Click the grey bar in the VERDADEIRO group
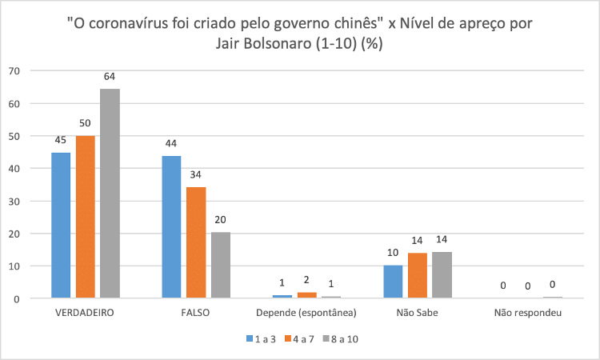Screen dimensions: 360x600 [109, 194]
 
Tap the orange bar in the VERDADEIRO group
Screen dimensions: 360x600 [85, 217]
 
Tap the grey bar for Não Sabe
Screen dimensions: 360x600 [442, 275]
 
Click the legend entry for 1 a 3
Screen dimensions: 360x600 [261, 339]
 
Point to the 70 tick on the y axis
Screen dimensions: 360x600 [14, 70]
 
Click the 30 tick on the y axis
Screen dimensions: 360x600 [14, 201]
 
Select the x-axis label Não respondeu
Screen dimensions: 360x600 [528, 313]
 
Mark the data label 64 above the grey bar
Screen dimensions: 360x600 [110, 76]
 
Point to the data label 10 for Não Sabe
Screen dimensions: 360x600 [393, 253]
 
